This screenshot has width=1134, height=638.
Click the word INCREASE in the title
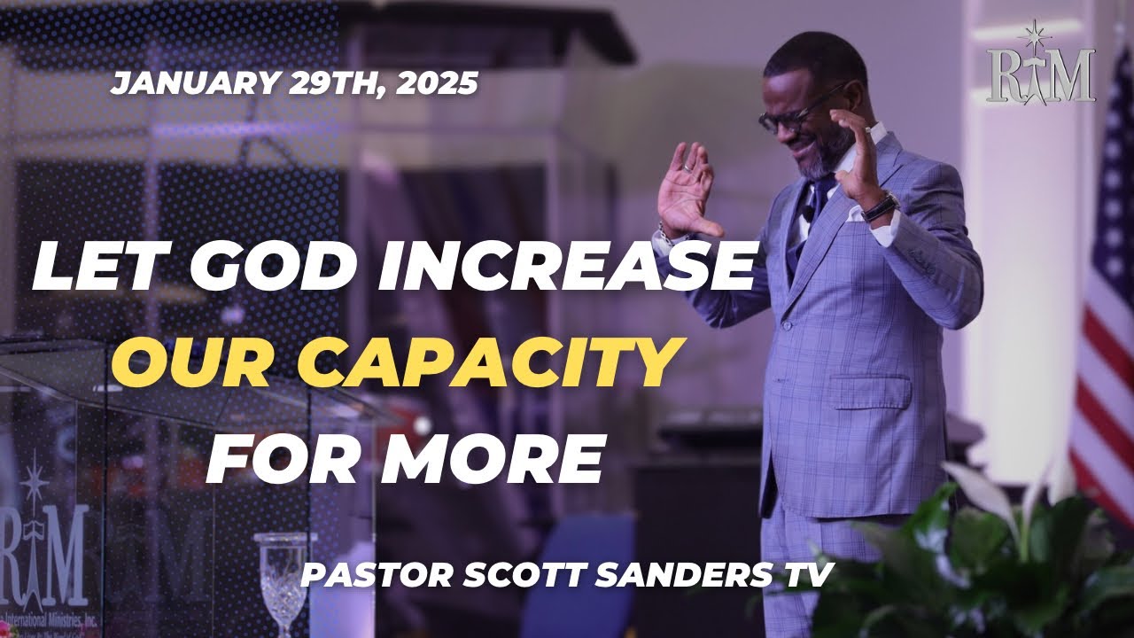coord(567,267)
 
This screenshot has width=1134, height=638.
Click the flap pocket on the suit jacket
coord(870,390)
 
